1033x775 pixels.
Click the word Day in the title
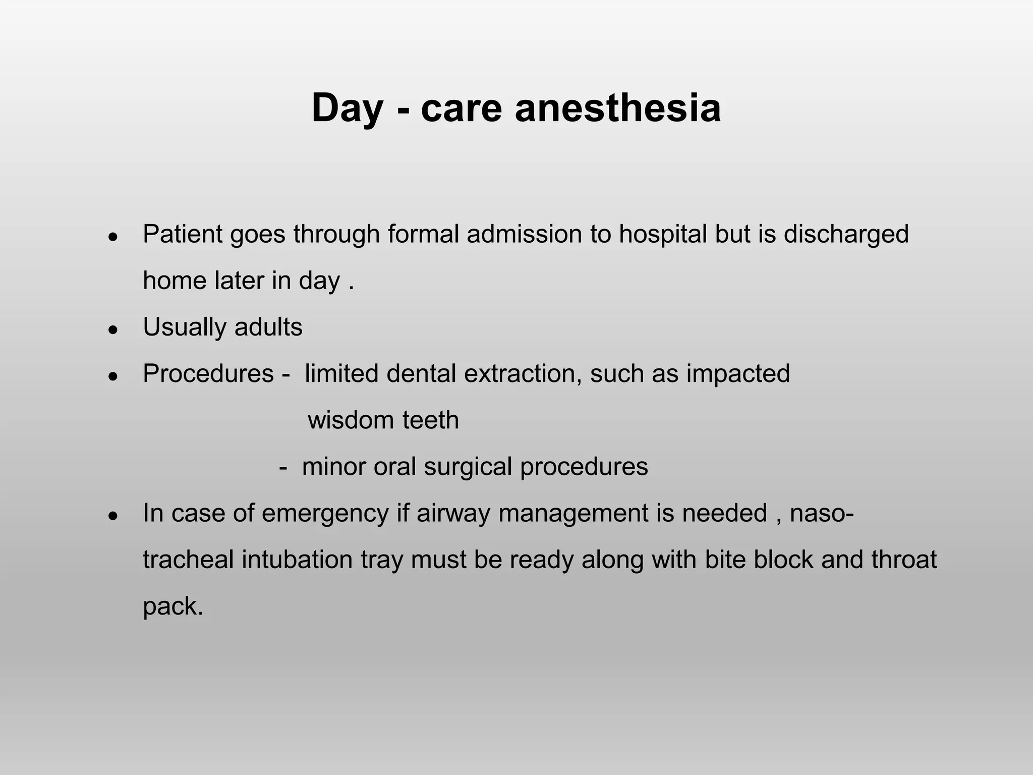(347, 109)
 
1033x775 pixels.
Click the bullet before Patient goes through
(113, 236)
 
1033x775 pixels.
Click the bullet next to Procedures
(113, 376)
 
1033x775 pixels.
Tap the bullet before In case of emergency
(113, 516)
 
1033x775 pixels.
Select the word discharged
(846, 234)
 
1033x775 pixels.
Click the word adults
(268, 327)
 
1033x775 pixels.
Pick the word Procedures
(208, 374)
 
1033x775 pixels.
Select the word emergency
(325, 514)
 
